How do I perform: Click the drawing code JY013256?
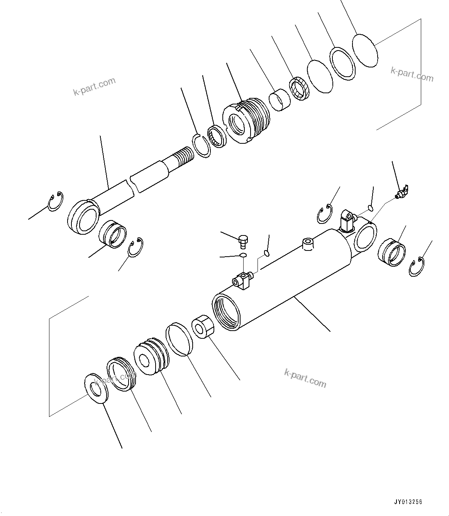[x=408, y=502]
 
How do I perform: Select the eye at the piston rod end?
[x=83, y=217]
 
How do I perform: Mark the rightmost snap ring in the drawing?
[x=417, y=267]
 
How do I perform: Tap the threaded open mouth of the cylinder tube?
[x=227, y=311]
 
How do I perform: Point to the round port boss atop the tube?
[x=308, y=244]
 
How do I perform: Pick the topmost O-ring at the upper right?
[x=365, y=50]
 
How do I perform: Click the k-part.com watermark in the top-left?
[x=95, y=87]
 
